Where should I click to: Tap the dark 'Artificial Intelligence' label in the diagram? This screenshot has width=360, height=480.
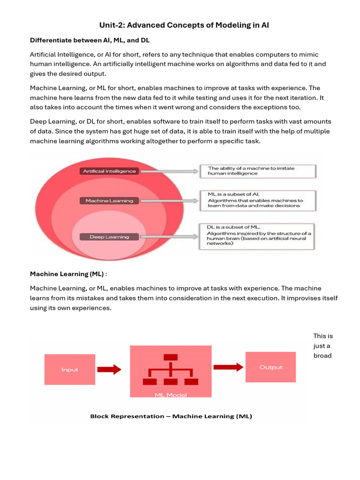coord(109,171)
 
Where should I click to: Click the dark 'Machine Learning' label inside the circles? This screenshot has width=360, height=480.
coord(109,201)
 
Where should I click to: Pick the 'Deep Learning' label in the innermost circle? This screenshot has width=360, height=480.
coord(109,237)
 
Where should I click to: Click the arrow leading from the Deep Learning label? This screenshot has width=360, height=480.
coord(169,237)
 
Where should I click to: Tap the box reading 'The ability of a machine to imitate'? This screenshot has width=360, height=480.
coord(258,171)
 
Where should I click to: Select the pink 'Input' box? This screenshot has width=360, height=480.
coord(70,369)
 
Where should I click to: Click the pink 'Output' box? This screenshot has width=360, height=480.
coord(271,367)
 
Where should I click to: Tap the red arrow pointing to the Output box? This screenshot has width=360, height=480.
coord(228,367)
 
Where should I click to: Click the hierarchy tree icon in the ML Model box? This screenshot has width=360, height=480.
coord(171,370)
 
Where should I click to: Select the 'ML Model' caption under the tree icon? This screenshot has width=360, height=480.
coord(171,395)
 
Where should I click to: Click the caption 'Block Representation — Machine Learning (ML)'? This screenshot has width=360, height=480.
coord(171,416)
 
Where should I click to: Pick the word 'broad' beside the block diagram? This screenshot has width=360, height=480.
coord(322,356)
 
